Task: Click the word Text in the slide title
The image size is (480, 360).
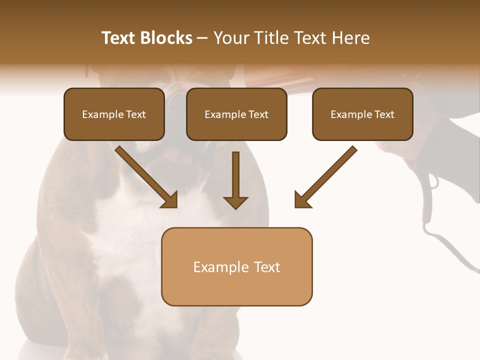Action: click(x=118, y=38)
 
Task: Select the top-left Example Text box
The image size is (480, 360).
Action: click(x=114, y=114)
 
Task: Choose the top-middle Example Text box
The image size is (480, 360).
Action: click(x=236, y=114)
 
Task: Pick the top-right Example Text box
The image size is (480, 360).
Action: click(x=362, y=114)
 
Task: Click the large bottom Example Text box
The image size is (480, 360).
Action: click(x=236, y=266)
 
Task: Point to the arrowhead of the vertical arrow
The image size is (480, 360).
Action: click(x=235, y=202)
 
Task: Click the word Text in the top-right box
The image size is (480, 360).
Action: click(x=384, y=114)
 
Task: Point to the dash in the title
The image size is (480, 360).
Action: click(x=203, y=38)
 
